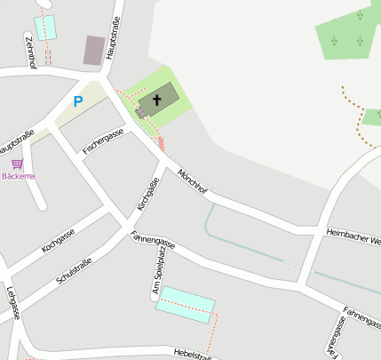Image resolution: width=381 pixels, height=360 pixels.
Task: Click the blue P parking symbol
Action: click(77, 101)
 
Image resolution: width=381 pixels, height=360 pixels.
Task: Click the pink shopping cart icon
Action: click(17, 164)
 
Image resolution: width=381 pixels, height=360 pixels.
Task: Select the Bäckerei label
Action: click(19, 176)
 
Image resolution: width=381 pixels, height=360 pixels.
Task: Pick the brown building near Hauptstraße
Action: click(93, 50)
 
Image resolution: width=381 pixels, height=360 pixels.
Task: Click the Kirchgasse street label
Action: click(147, 194)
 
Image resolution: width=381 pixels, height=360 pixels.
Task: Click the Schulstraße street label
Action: click(74, 270)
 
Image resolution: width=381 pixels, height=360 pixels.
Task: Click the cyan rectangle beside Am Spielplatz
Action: click(186, 304)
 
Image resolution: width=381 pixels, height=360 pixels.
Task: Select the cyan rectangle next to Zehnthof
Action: click(44, 27)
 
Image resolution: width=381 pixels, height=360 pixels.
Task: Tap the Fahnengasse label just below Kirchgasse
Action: click(153, 241)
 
